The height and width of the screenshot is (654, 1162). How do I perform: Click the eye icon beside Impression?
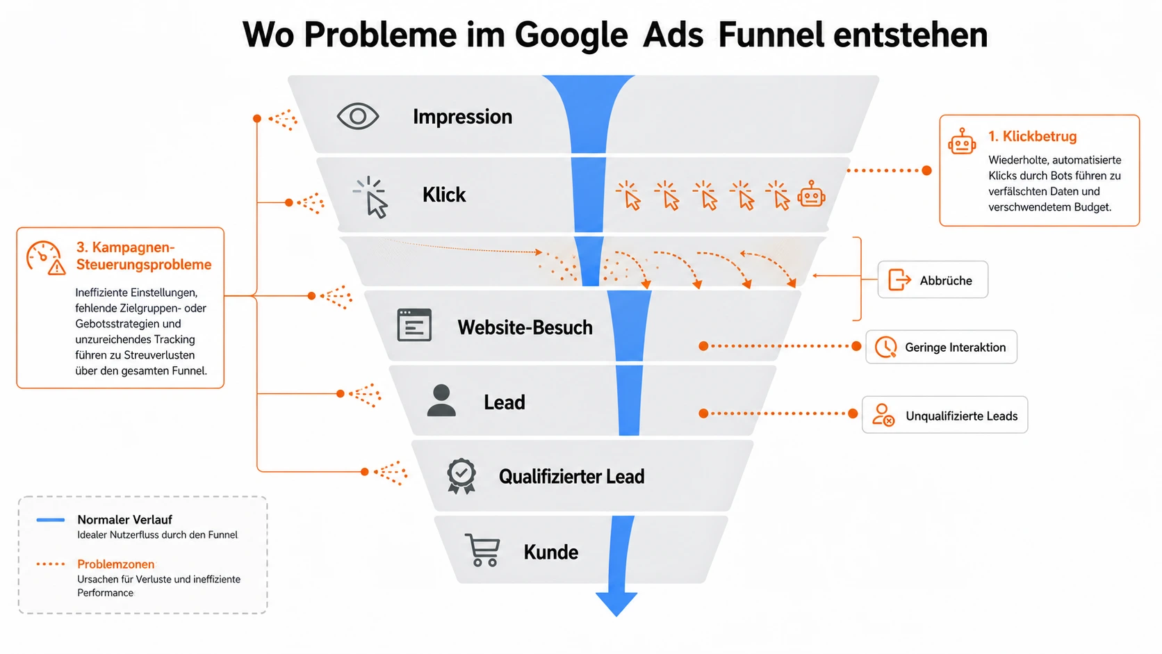[x=357, y=116]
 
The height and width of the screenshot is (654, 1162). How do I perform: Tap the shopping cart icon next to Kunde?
[x=482, y=550]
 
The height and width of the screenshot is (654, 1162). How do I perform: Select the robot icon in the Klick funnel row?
[x=811, y=195]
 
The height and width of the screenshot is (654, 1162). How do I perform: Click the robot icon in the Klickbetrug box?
[x=962, y=141]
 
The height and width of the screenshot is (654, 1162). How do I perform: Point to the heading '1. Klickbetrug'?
[x=1032, y=136]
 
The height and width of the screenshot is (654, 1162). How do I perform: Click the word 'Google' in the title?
[x=571, y=35]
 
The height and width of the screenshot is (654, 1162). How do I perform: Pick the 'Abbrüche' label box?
[x=933, y=279]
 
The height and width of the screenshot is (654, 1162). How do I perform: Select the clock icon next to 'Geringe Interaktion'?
[x=885, y=347]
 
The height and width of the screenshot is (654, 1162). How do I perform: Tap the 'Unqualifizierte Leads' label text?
[x=961, y=416]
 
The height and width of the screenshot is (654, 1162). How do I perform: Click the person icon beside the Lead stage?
[x=441, y=400]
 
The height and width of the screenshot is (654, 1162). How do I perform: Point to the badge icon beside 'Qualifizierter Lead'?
[x=461, y=475]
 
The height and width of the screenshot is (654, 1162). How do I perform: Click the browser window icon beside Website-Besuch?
[x=414, y=325]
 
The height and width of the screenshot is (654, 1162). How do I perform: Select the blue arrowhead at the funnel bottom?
[x=616, y=603]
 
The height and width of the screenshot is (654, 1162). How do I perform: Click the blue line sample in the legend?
[x=50, y=520]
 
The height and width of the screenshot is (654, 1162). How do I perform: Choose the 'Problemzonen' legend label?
[x=115, y=564]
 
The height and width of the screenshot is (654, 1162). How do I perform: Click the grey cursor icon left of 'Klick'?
[x=370, y=197]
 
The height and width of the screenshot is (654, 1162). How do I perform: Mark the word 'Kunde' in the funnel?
[x=551, y=552]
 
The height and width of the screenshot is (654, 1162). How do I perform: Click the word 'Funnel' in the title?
[x=771, y=35]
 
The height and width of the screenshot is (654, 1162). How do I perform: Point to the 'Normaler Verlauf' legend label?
[x=124, y=520]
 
